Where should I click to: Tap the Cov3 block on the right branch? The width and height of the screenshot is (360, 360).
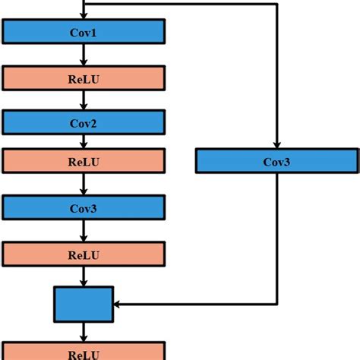point(276,160)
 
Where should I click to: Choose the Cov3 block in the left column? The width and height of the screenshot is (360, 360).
point(84,207)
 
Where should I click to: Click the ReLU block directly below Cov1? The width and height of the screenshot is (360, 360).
point(84,77)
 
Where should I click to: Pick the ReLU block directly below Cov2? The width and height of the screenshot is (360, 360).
point(84,161)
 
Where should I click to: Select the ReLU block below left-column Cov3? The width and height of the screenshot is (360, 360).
point(84,254)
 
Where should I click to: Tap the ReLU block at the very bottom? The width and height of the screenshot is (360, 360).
point(84,352)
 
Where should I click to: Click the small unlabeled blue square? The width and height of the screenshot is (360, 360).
point(84,304)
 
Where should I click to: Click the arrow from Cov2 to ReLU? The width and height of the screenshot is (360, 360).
point(84,141)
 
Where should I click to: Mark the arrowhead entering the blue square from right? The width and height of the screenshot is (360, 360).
point(118,304)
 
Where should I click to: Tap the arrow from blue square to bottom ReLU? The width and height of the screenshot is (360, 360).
point(84,332)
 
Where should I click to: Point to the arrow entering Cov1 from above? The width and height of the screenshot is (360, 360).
point(84,11)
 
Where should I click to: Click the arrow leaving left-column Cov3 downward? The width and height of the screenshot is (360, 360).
point(84,230)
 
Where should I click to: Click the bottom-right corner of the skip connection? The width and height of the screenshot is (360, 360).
point(276,304)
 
